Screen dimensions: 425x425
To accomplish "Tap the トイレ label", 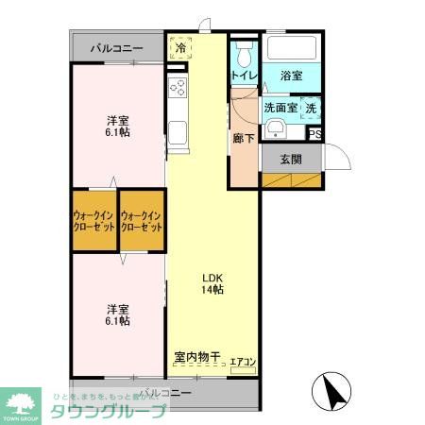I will point(243,75).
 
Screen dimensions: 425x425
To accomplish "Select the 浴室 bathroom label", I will point(291,76).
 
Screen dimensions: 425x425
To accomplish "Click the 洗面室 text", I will point(280,109).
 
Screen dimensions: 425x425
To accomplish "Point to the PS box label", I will point(314,135).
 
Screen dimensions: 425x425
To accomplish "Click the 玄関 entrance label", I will point(291,159).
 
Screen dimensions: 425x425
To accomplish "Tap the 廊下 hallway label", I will point(243,137).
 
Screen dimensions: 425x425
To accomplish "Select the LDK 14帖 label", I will point(212,282).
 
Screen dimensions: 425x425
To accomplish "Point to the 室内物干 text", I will point(196,357).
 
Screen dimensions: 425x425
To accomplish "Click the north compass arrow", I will point(330,390).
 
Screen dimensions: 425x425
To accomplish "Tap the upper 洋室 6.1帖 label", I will point(118,126).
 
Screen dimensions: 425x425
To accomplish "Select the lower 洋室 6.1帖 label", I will point(118,314).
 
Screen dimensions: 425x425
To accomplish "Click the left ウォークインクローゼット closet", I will point(94,222).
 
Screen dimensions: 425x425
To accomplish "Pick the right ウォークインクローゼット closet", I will point(142,222).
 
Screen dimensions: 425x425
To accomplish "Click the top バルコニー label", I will point(117,47).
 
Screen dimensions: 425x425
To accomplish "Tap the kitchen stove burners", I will point(178,88).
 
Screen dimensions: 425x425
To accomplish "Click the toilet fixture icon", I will point(245,50).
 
